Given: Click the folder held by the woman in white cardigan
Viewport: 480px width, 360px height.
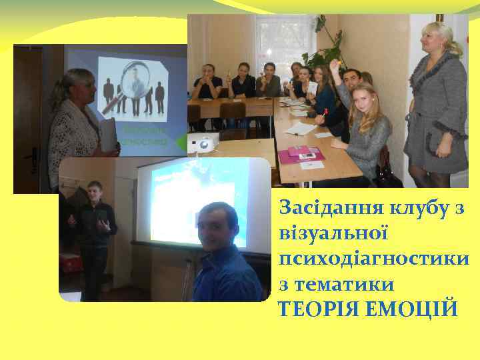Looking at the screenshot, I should click(106, 136).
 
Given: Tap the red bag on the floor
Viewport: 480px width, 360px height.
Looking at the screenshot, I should click(70, 263).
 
